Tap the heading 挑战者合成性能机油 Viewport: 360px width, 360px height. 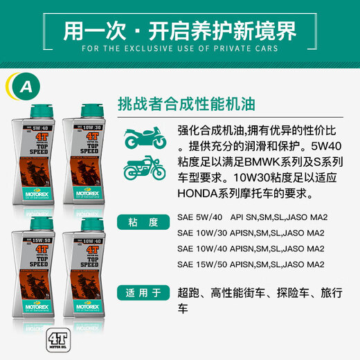pyautogui.click(x=188, y=104)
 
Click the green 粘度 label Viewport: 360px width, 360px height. pyautogui.click(x=144, y=222)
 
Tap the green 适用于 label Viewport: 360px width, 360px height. pyautogui.click(x=144, y=291)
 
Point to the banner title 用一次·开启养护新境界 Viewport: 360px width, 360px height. pyautogui.click(x=179, y=30)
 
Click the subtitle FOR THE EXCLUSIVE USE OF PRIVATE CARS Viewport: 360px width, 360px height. pyautogui.click(x=179, y=49)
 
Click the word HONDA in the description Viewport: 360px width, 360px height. pyautogui.click(x=199, y=195)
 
